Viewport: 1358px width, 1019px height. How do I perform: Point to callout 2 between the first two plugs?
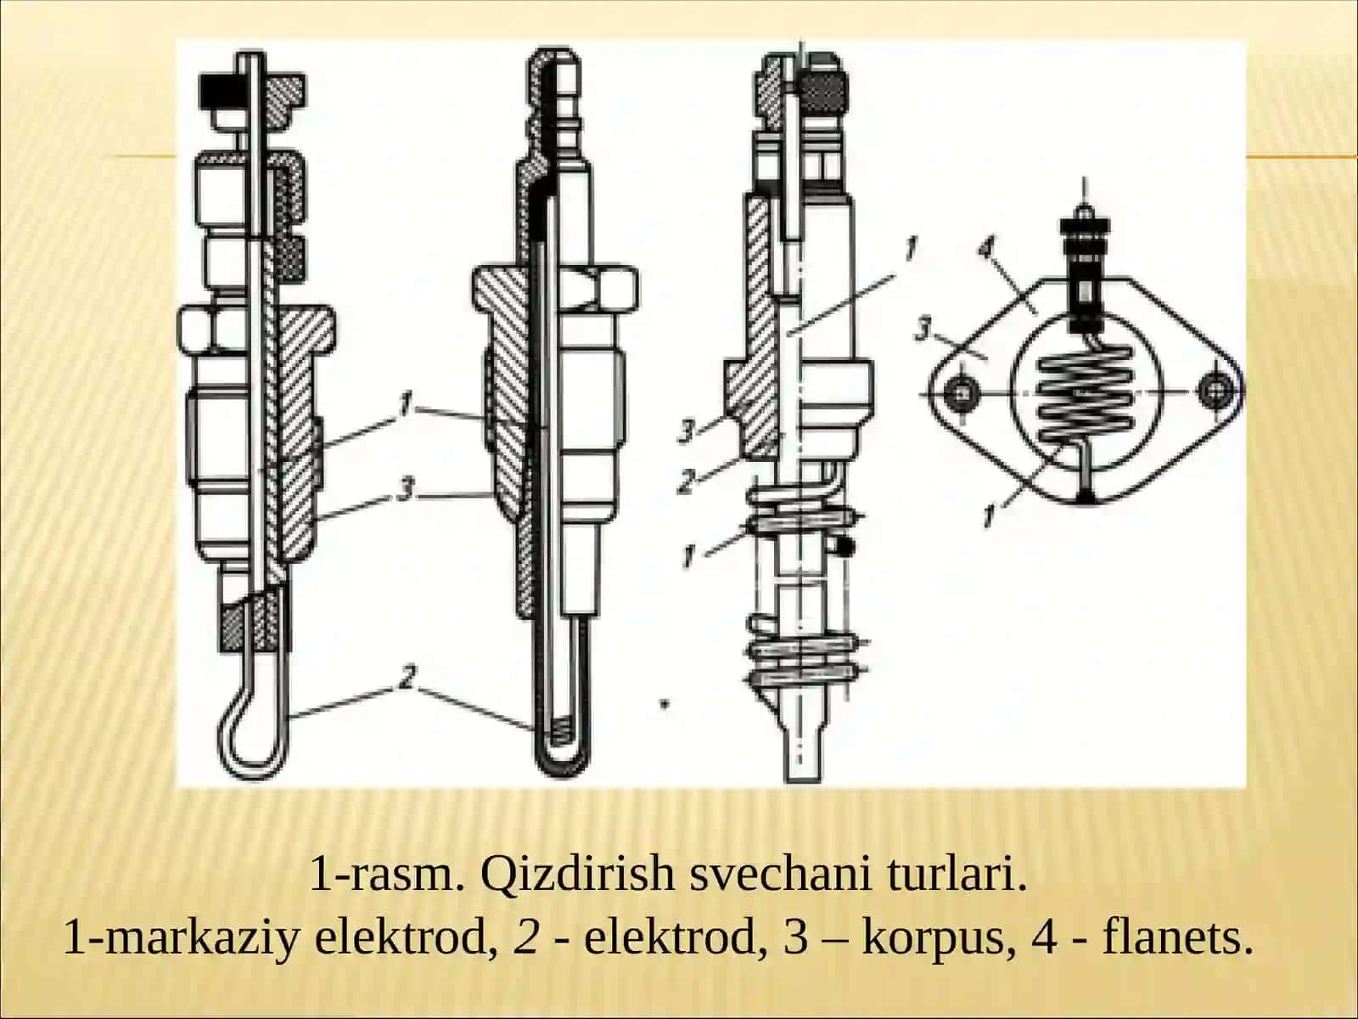(407, 676)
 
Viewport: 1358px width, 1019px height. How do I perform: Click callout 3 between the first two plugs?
(405, 491)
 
